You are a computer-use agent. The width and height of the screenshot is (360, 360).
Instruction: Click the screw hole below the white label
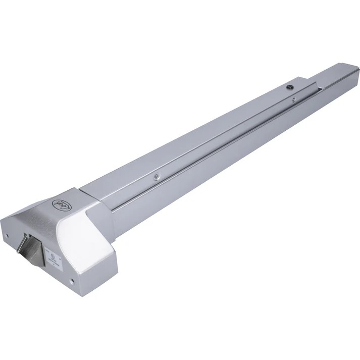(x=72, y=281)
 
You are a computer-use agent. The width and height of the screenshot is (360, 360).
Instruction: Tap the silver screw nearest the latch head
(x=157, y=176)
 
